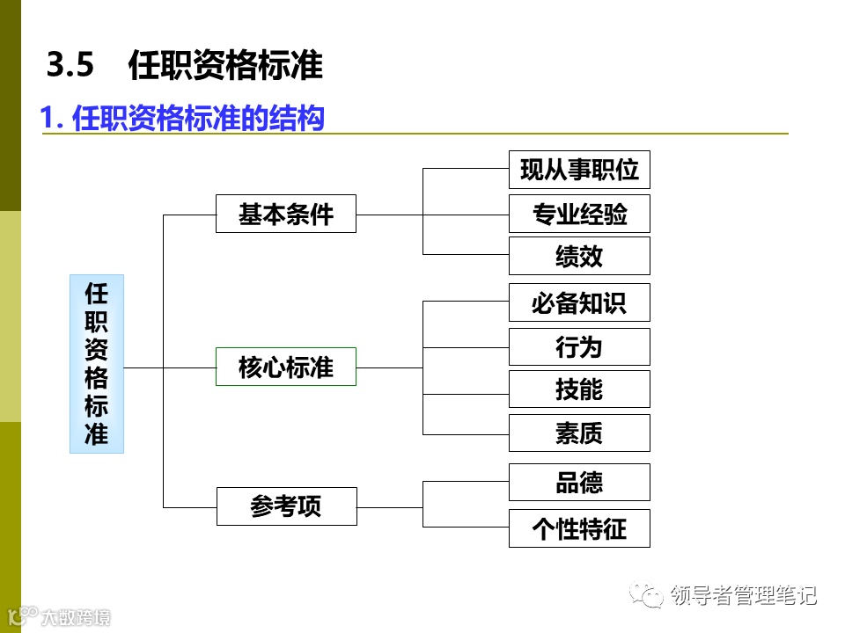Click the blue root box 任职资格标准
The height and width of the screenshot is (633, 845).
tap(97, 363)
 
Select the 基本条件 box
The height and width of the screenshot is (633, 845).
tap(286, 214)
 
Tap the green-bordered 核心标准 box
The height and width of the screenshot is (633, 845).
tap(286, 367)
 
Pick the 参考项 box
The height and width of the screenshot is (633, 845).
tap(286, 506)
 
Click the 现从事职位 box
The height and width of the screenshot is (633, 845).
tap(579, 170)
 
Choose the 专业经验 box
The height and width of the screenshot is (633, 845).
tap(579, 214)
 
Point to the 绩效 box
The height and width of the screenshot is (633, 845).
tap(579, 256)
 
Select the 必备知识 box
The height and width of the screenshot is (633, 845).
tap(579, 302)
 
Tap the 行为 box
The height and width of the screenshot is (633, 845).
tap(579, 346)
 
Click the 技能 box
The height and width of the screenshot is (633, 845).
tap(579, 389)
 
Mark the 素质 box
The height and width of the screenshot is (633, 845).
tap(579, 433)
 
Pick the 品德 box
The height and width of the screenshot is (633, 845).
tap(579, 483)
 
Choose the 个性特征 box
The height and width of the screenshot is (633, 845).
tap(579, 528)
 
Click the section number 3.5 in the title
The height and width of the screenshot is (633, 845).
tap(70, 66)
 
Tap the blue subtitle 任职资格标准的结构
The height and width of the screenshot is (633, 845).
tap(198, 119)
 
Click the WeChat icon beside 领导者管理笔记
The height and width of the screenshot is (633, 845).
tap(652, 596)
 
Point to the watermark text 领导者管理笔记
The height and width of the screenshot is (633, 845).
tap(744, 596)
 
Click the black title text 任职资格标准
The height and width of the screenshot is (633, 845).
tap(225, 66)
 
